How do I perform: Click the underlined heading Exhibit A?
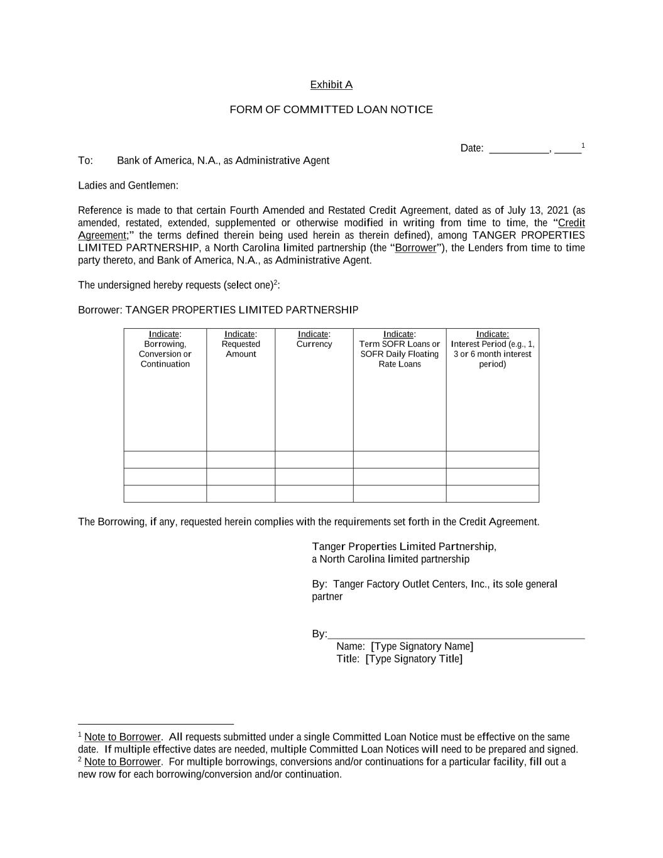coord(331,85)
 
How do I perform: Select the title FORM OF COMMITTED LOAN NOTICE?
coord(331,110)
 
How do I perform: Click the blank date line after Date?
coord(518,149)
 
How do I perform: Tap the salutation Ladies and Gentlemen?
coord(128,185)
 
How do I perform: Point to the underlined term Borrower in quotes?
coord(415,248)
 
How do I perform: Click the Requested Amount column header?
coord(241,344)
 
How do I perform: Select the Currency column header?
coord(314,339)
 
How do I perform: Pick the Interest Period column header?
coord(493,349)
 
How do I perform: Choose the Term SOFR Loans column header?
coord(400,349)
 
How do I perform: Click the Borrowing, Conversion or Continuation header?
coord(165,349)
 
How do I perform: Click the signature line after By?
coord(456,634)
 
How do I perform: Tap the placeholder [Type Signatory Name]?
coord(422,647)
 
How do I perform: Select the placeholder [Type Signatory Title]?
coord(414,659)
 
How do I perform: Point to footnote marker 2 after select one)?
coord(275,282)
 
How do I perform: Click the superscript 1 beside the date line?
coord(583,146)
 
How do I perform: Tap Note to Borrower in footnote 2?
coord(123,762)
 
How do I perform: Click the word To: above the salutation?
coord(85,161)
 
